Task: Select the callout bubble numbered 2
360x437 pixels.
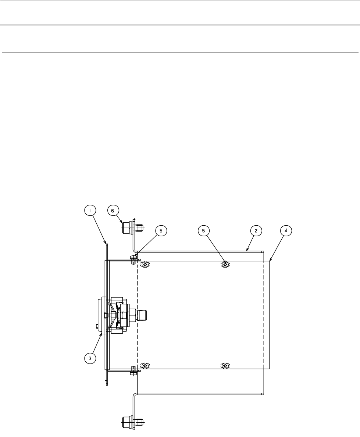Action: coord(256,230)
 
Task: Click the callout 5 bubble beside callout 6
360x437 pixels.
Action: coord(160,230)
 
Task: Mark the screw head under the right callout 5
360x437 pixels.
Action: coord(225,265)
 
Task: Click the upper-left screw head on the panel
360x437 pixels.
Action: coord(146,265)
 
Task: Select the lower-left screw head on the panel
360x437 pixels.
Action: coord(146,366)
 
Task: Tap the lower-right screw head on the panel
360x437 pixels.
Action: coord(225,366)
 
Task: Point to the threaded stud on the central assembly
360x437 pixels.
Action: coord(142,315)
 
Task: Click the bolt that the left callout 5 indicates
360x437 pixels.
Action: coord(133,258)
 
